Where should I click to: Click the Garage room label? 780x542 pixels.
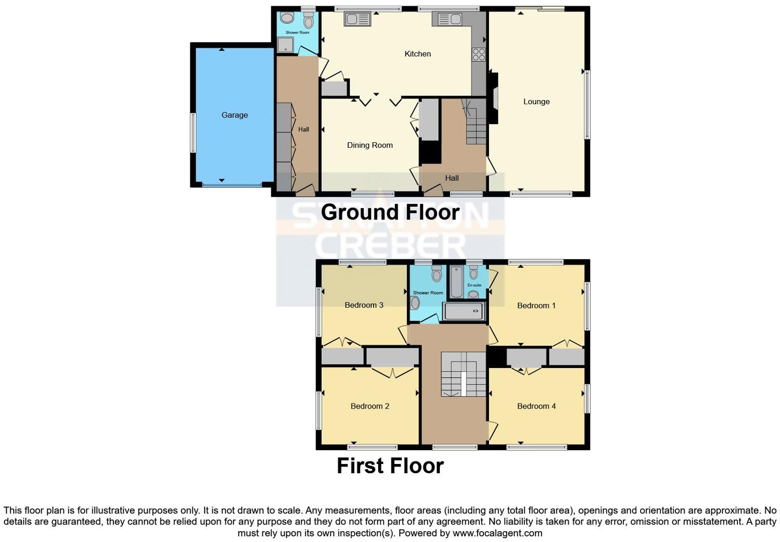(x=235, y=115)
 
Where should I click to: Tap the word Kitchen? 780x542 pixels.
(x=417, y=54)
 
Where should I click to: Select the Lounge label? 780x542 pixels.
(x=536, y=102)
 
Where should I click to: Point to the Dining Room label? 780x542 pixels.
(x=369, y=145)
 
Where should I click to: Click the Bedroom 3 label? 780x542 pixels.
(x=364, y=305)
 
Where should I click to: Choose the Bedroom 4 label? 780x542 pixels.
(x=536, y=406)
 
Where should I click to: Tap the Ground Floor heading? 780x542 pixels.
(x=390, y=212)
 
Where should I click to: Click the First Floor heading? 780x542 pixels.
(x=390, y=466)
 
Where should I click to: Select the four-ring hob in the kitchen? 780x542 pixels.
(x=478, y=54)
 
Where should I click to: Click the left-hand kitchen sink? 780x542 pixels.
(x=357, y=20)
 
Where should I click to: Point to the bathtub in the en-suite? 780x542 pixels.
(x=456, y=282)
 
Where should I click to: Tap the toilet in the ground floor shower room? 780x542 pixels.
(x=308, y=21)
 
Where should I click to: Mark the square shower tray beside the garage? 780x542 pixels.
(x=285, y=46)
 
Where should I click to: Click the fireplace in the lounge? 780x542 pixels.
(x=494, y=98)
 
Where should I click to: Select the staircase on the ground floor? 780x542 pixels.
(x=475, y=123)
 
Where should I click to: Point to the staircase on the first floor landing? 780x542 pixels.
(x=463, y=374)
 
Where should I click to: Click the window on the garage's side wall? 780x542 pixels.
(x=193, y=132)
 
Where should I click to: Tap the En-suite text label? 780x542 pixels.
(x=474, y=285)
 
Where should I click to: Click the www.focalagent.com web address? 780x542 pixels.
(x=497, y=533)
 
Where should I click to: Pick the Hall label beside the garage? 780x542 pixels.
(x=303, y=129)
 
